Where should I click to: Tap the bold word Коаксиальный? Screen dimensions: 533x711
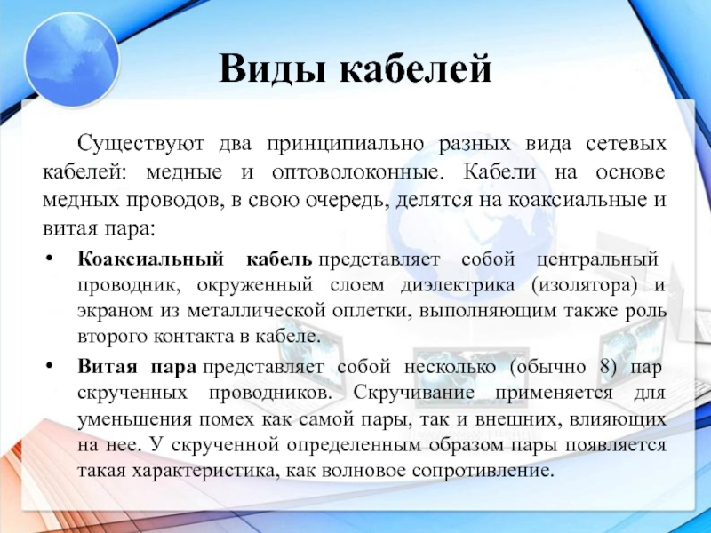[138, 260]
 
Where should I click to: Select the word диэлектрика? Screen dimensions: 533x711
[460, 286]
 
